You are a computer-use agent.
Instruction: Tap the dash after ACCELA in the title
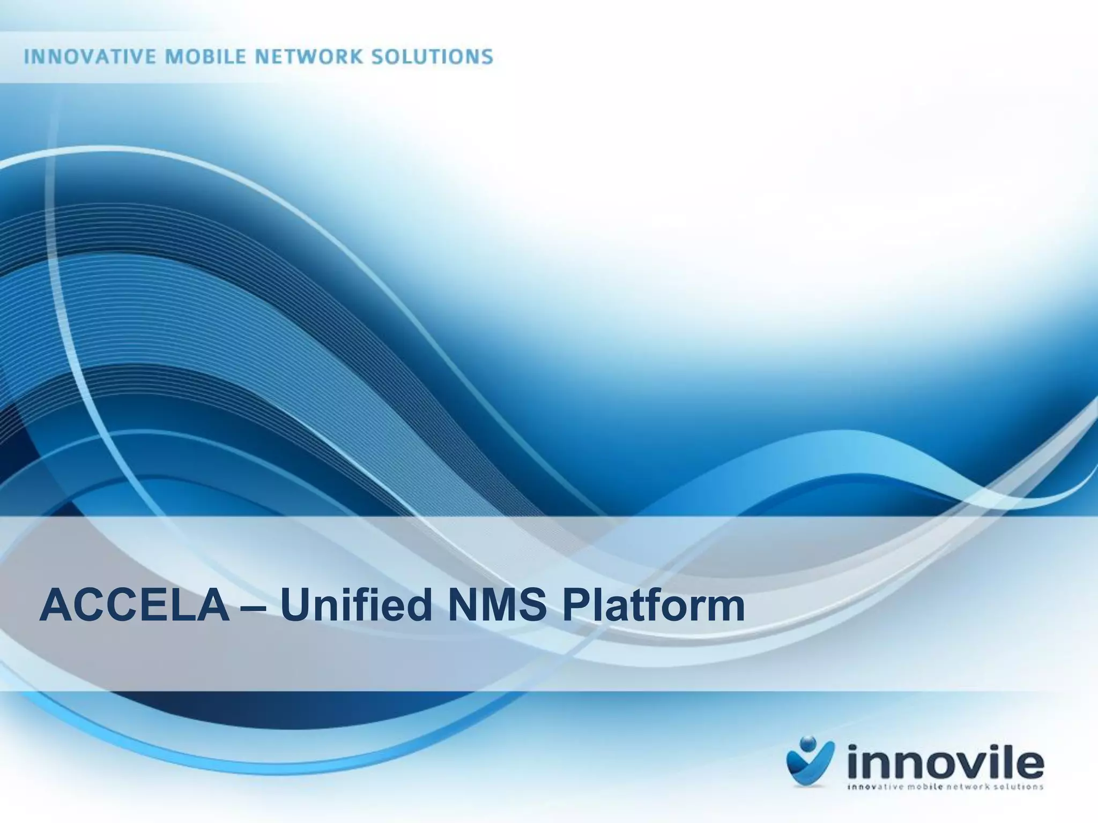point(255,607)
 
